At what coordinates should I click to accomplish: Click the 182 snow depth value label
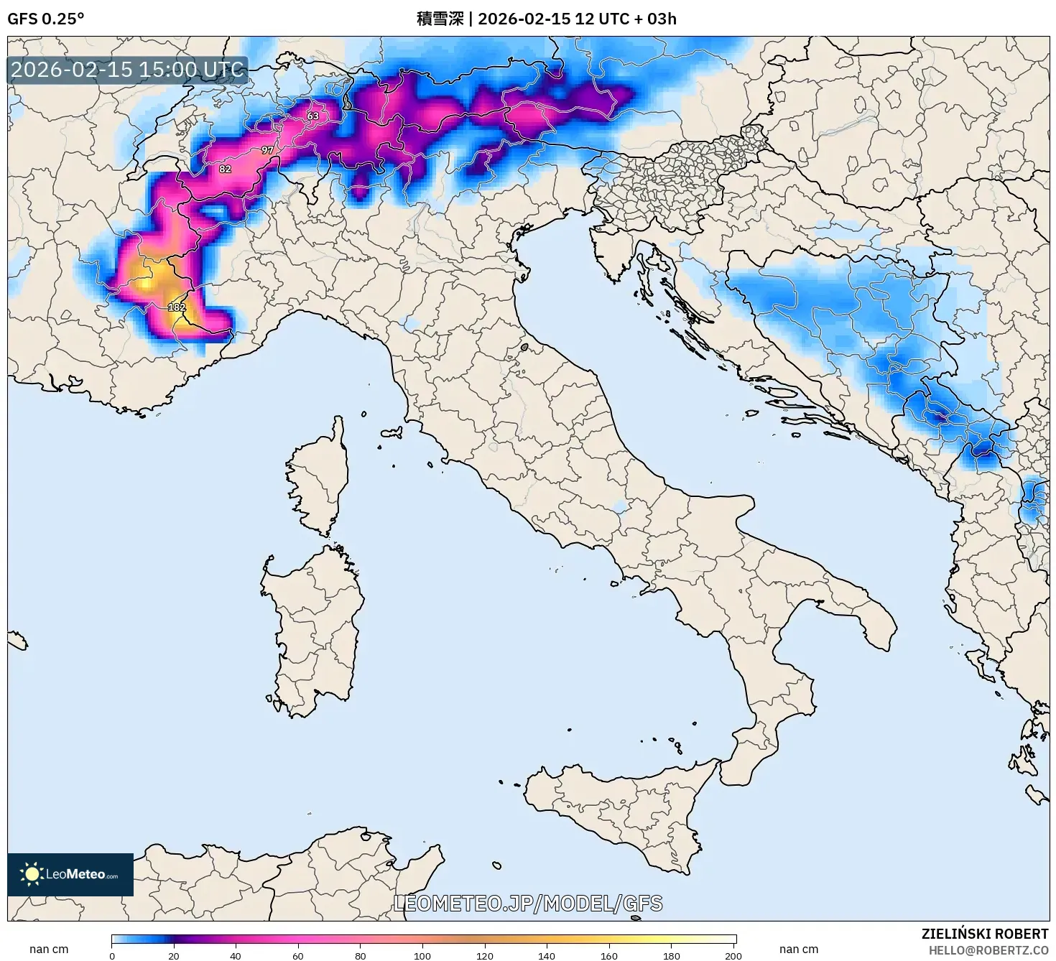pyautogui.click(x=177, y=307)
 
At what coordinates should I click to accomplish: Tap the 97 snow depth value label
pyautogui.click(x=267, y=150)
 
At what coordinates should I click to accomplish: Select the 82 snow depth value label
pyautogui.click(x=226, y=169)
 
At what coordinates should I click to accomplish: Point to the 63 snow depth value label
pyautogui.click(x=313, y=116)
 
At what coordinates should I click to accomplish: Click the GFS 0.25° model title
pyautogui.click(x=45, y=19)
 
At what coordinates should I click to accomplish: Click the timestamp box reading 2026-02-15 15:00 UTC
pyautogui.click(x=127, y=70)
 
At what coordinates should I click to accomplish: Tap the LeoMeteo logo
pyautogui.click(x=70, y=874)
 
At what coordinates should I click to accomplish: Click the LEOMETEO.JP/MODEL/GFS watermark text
pyautogui.click(x=528, y=903)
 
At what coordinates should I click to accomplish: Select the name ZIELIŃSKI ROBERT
pyautogui.click(x=984, y=934)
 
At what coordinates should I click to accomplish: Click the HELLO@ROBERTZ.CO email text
pyautogui.click(x=988, y=950)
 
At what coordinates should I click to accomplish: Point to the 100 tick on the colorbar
pyautogui.click(x=422, y=955)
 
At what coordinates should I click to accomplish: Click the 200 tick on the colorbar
pyautogui.click(x=733, y=955)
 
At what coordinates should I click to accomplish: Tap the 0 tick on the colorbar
pyautogui.click(x=112, y=955)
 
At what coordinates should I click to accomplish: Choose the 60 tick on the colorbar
pyautogui.click(x=298, y=955)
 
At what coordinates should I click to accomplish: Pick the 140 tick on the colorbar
pyautogui.click(x=547, y=955)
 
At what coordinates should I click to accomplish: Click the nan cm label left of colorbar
pyautogui.click(x=49, y=950)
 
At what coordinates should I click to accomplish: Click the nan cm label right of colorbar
pyautogui.click(x=799, y=950)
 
